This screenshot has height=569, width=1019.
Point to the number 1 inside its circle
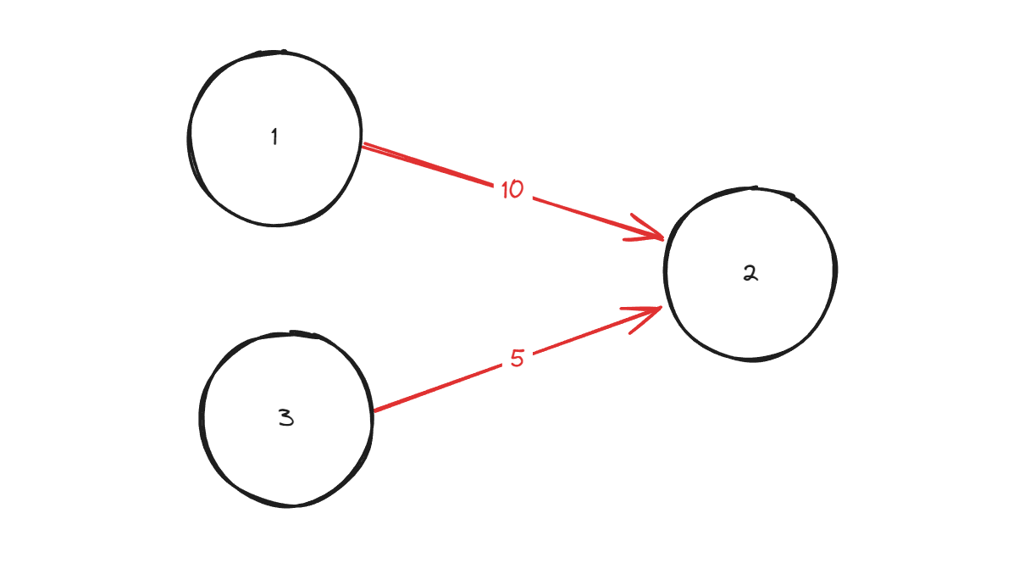point(274,137)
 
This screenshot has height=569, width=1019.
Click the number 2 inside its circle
point(750,273)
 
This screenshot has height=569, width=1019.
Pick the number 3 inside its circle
point(286,417)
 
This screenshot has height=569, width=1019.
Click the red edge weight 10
point(512,190)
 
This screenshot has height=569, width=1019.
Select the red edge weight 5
point(518,359)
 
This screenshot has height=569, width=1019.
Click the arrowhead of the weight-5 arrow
point(652,313)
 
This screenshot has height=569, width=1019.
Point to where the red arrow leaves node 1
point(363,147)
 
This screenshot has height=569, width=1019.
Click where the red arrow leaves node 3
point(374,411)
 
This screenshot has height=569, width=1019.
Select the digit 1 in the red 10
point(505,190)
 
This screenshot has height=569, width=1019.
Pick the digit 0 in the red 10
point(517,190)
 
